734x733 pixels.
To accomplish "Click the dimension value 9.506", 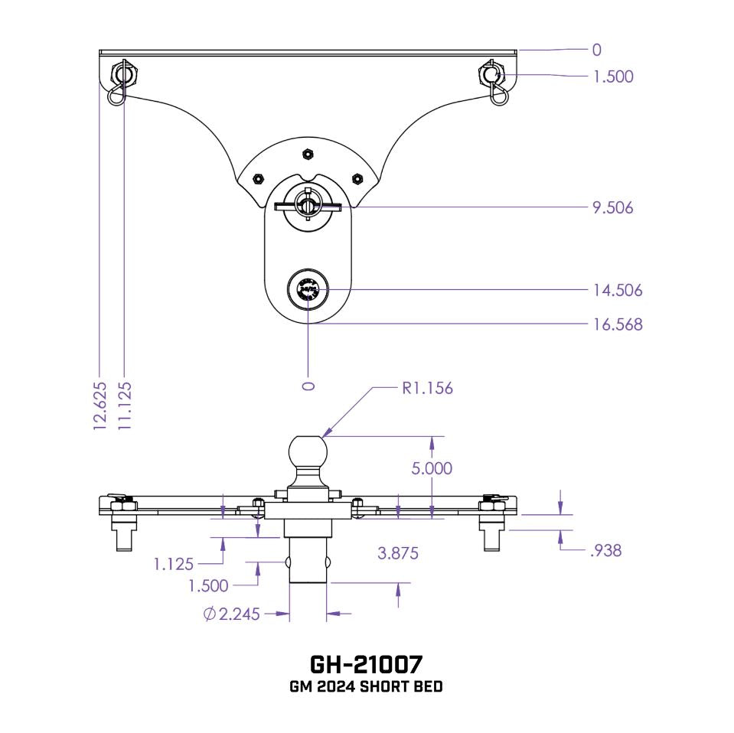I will (x=612, y=207).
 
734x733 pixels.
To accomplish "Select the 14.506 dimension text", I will (x=617, y=290).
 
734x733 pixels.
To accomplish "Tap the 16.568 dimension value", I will (x=617, y=324).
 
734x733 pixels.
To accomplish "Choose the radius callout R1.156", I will (x=427, y=388).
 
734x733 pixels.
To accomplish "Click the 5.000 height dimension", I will (x=432, y=467).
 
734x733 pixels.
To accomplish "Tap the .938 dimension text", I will (x=605, y=549).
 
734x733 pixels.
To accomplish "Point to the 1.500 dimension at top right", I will (x=613, y=77).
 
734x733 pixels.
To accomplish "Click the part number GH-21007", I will (x=366, y=662).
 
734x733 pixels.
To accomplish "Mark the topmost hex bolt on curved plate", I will (x=307, y=154).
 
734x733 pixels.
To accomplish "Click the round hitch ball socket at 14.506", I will (x=307, y=292).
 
